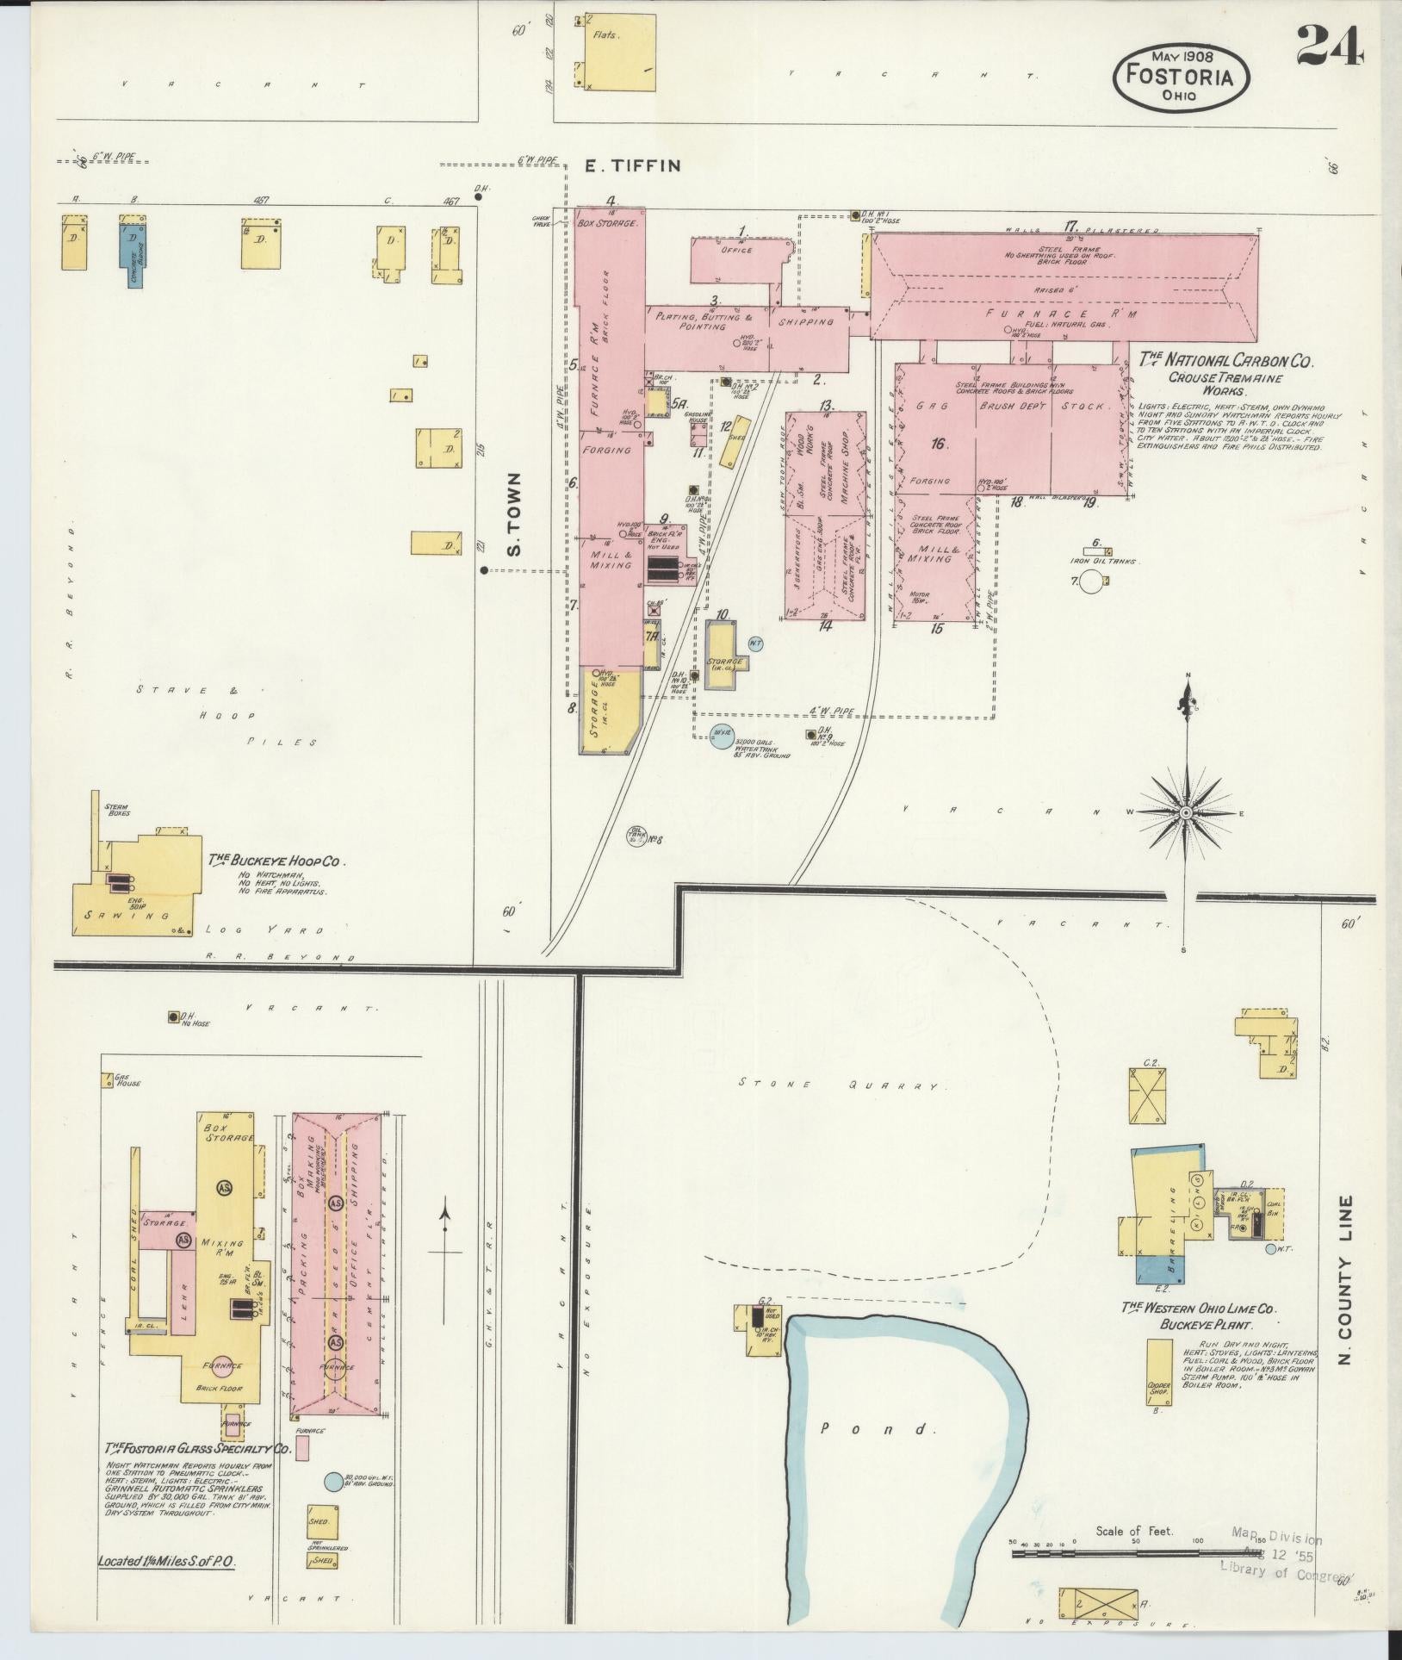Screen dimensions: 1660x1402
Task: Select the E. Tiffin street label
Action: tap(633, 166)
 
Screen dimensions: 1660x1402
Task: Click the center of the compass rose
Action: tap(1187, 812)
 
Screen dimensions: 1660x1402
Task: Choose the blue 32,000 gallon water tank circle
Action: tap(720, 735)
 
